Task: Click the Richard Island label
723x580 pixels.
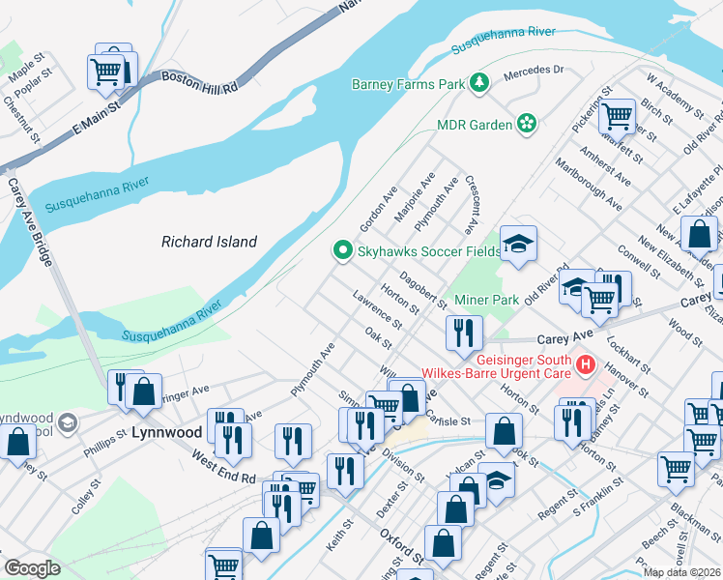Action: pos(209,242)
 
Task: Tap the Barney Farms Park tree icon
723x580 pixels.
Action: pos(478,84)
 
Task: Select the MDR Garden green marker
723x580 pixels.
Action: pos(527,124)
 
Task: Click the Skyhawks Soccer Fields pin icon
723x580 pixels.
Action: pos(341,251)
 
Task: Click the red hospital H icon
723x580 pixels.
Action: pos(585,365)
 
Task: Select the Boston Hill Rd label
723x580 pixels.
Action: pos(199,82)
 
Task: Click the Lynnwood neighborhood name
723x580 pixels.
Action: pos(158,431)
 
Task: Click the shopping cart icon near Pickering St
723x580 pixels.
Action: pos(616,117)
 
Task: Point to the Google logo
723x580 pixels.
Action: pos(32,568)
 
